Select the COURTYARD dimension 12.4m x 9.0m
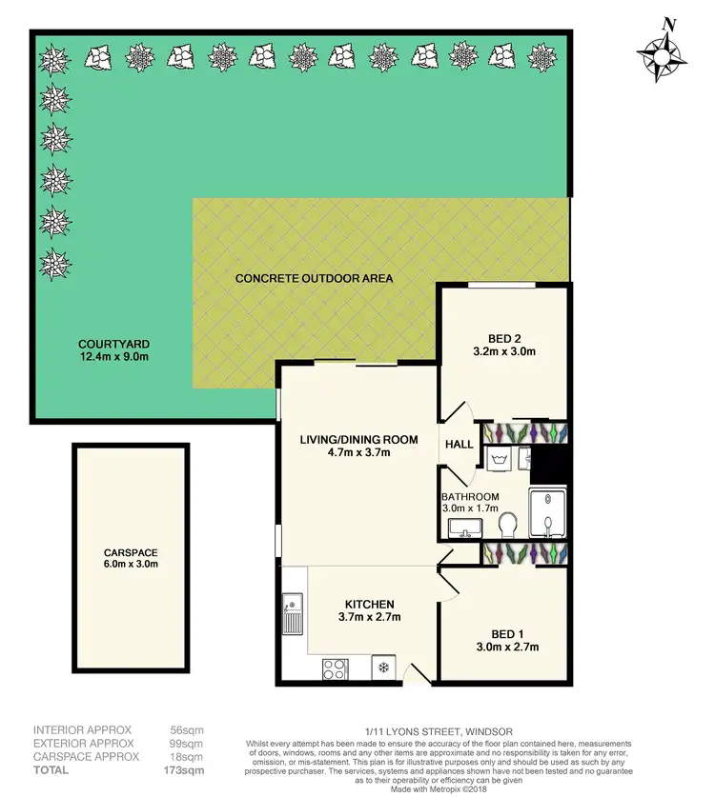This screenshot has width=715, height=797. coord(113,356)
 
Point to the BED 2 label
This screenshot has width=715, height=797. coord(504,336)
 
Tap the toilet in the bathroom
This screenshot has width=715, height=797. coord(510,523)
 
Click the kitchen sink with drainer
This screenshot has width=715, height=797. coord(293,615)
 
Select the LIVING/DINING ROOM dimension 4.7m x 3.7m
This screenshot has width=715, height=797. coord(345,453)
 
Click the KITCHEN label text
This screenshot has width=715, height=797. coord(369,604)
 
